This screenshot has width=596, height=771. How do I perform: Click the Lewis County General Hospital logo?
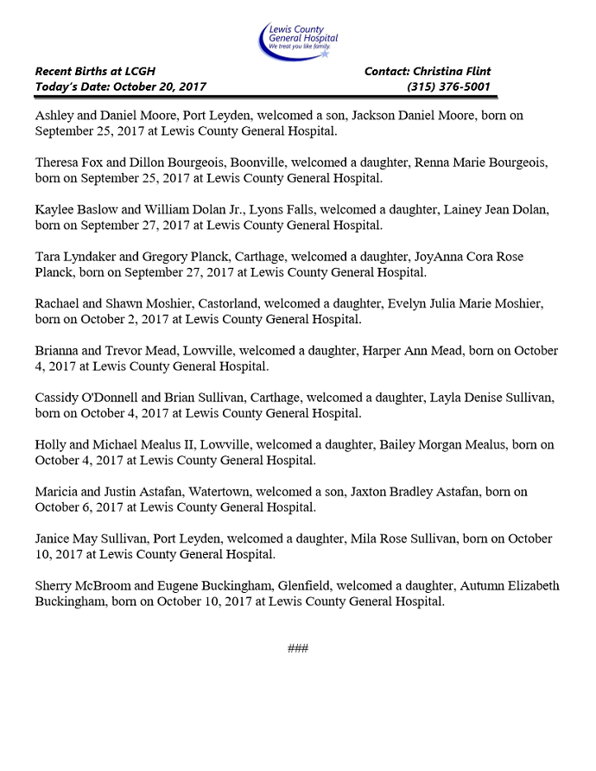click(298, 40)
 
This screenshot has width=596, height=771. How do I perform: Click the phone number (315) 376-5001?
click(448, 86)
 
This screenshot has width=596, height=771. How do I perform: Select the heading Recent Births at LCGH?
click(95, 71)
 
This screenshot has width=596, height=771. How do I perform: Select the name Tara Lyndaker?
click(71, 257)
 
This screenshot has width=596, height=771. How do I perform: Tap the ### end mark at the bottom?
click(298, 648)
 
